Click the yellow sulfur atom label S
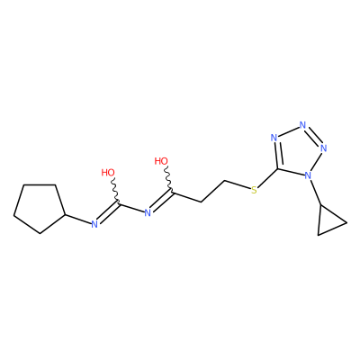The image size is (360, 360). (x=254, y=190)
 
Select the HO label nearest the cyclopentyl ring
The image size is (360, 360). (x=108, y=173)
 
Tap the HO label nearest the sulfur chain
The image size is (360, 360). (x=161, y=161)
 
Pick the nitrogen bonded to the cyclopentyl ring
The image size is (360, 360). (x=94, y=224)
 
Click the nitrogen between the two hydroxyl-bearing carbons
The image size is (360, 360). (x=148, y=213)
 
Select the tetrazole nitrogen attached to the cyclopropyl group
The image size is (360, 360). (x=308, y=175)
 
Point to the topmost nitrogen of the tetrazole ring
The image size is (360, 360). (x=302, y=124)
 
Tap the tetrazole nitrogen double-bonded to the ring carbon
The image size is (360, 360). (x=274, y=138)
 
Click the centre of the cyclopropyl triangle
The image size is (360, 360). (x=328, y=221)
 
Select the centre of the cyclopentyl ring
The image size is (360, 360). (x=38, y=208)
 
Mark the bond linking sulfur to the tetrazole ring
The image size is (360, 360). (x=267, y=179)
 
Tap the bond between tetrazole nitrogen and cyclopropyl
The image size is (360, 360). (x=315, y=193)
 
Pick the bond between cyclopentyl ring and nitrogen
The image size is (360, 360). (x=78, y=219)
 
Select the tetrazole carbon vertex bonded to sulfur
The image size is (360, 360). (x=277, y=169)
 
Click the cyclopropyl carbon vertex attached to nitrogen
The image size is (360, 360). (x=321, y=205)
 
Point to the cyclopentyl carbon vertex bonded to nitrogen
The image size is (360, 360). (x=66, y=215)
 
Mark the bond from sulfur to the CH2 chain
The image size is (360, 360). (x=238, y=184)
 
